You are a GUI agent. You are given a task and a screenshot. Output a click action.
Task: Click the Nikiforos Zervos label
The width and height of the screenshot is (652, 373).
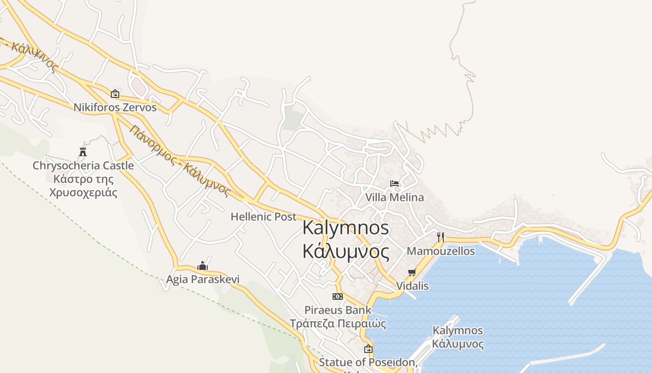pos(115,107)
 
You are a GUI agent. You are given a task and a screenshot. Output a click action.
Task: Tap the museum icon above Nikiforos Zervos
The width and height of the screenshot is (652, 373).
pos(115,94)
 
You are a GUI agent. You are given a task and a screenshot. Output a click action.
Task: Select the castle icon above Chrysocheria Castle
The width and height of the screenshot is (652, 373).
pos(83,152)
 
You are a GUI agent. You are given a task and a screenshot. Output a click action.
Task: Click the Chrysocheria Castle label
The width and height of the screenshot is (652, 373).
pos(83,166)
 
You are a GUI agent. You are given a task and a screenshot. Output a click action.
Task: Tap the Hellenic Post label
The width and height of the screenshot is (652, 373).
pos(264,217)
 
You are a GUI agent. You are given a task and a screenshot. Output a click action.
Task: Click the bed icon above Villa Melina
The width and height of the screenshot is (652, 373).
pos(394,184)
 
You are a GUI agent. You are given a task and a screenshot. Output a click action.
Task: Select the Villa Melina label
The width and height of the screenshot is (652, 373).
pos(394,197)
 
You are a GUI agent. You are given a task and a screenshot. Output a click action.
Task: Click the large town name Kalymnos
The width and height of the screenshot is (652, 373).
pos(346,228)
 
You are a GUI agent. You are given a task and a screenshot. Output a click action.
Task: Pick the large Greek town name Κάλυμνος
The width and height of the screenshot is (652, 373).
pos(346,252)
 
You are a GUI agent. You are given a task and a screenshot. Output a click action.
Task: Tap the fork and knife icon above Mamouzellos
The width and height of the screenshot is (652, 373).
pos(441,237)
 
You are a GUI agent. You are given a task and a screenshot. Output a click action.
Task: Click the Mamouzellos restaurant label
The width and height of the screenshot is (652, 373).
pos(441,251)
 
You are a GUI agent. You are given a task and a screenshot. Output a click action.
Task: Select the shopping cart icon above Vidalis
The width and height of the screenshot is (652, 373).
pos(412,272)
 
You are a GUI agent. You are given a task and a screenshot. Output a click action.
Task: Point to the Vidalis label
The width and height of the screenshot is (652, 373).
pos(412,286)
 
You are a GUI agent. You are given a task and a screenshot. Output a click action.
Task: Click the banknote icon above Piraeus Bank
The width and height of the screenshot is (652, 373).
pos(338,297)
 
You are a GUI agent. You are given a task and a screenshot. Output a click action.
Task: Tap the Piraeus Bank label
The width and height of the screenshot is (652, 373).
pos(338,310)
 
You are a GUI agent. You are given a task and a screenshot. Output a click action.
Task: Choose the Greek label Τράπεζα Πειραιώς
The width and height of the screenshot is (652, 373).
pos(338,323)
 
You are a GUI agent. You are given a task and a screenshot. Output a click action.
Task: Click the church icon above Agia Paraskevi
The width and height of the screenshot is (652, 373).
pos(203,266)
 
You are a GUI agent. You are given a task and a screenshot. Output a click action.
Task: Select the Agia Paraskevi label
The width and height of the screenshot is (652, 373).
pos(203,279)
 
